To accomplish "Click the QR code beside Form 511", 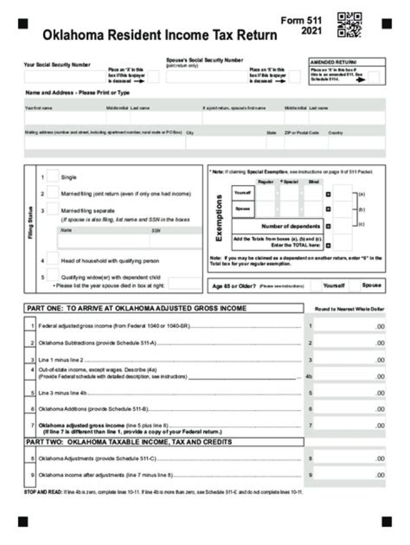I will pos(349,24).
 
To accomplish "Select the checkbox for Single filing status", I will pos(52,177).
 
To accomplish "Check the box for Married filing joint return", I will pos(52,193).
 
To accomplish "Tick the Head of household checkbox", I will pos(52,260).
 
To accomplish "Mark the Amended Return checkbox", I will pos(374,77).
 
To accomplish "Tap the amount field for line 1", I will pos(349,326).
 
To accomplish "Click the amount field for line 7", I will pos(349,425).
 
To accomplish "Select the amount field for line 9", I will pos(349,474).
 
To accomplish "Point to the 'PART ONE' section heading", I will pos(137,308).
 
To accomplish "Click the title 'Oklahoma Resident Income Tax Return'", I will pos(159,35).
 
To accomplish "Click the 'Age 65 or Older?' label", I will pos(233,286).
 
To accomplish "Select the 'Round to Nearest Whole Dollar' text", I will pos(350,309).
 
